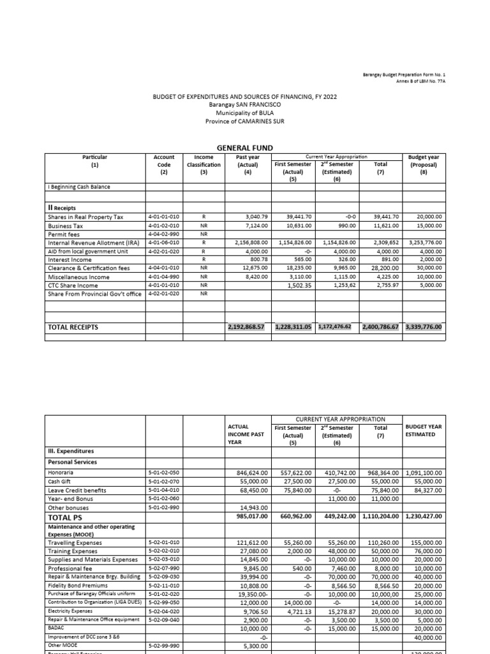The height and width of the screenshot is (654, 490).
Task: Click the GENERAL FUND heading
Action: click(x=245, y=148)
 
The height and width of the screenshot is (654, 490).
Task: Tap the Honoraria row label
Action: click(x=61, y=473)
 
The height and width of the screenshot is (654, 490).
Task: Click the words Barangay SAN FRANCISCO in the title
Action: click(x=244, y=104)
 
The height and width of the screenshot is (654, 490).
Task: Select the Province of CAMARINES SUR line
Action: click(x=244, y=121)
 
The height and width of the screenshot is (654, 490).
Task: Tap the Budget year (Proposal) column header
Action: click(x=427, y=164)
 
